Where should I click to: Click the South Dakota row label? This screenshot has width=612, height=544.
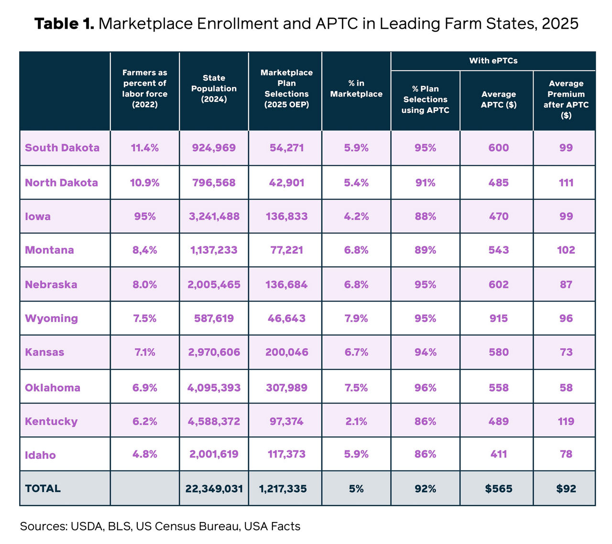[62, 148]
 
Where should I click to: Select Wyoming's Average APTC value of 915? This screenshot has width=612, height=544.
[498, 318]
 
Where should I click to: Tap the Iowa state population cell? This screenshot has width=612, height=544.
[214, 217]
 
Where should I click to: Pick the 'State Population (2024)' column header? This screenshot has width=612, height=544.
[214, 88]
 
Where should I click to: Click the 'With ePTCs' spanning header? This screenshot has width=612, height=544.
[493, 61]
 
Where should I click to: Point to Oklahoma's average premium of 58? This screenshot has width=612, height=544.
[566, 388]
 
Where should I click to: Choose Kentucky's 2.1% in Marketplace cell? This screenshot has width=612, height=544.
[356, 422]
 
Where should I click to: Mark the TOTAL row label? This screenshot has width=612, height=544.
[43, 489]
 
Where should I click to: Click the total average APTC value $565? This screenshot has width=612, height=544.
[498, 489]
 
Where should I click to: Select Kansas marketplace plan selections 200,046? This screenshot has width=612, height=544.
[286, 352]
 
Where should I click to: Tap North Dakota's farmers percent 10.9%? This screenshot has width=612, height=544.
[145, 183]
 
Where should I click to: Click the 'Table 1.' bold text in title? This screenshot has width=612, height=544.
[64, 23]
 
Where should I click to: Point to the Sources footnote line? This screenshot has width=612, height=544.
[160, 526]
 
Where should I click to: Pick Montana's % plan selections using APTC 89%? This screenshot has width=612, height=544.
[425, 250]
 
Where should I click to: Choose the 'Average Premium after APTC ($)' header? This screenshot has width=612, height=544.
[566, 99]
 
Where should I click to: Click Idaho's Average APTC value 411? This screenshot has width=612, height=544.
[498, 454]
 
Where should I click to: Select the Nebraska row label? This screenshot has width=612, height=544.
[51, 284]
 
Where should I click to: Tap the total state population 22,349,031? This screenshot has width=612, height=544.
[214, 489]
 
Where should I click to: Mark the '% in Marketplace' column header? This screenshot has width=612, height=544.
[356, 88]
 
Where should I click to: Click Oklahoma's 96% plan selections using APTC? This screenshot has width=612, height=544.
[425, 388]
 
